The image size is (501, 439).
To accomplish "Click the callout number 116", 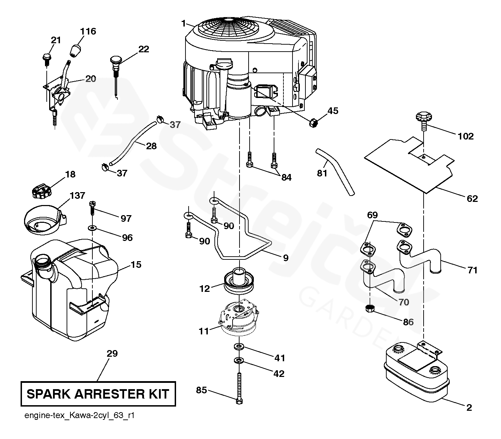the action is coord(88,31).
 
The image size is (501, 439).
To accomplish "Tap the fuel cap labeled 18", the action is coord(41,191).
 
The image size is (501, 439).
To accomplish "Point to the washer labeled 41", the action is coord(239,347).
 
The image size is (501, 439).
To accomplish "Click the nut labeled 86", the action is coord(370,308).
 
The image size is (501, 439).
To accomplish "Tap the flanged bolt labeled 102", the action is coord(424,120).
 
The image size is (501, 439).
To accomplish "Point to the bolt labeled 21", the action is coord(46,59).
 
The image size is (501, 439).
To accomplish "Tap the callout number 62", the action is coord(472,198).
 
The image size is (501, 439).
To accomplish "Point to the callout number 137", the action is coord(77,196).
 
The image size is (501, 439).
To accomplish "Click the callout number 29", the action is coord(112,354).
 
